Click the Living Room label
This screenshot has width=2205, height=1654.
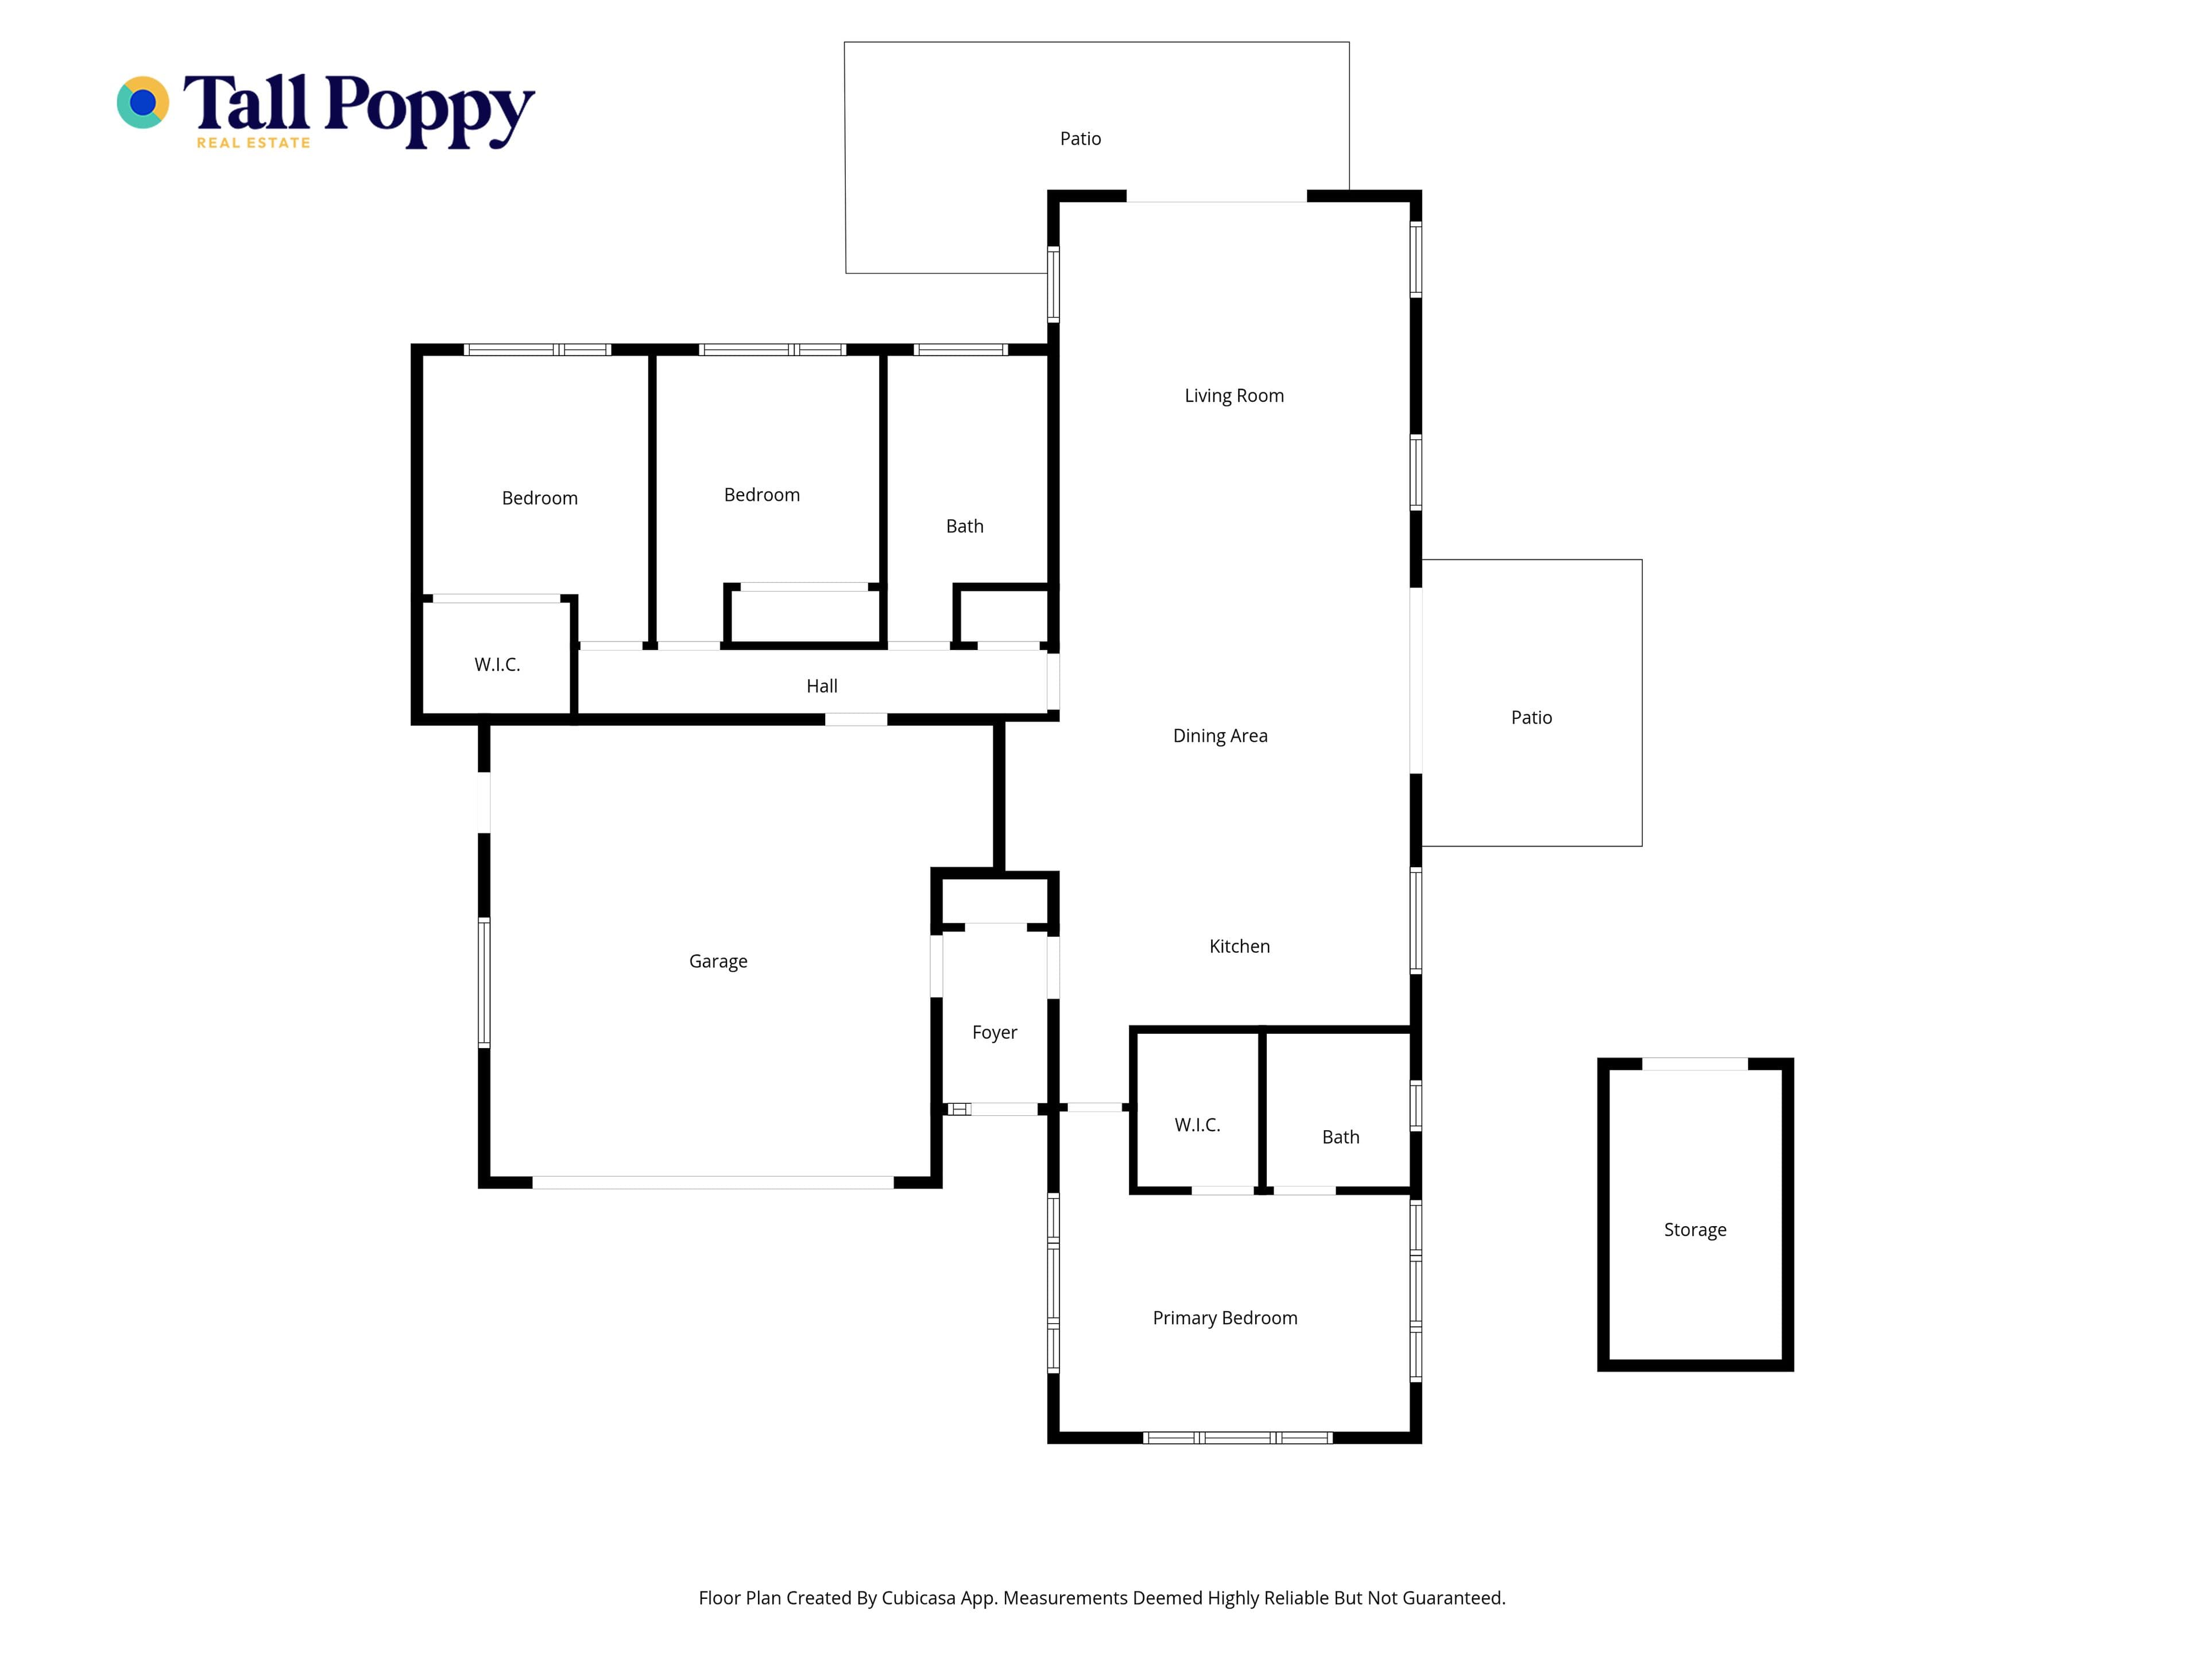click(1234, 396)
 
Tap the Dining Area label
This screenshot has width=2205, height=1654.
click(1220, 736)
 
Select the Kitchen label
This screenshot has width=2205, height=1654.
click(1239, 946)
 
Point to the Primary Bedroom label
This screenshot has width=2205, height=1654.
click(1225, 1318)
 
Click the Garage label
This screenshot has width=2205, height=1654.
click(718, 961)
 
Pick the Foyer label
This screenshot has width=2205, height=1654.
click(995, 1033)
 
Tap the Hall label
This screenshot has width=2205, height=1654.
click(821, 686)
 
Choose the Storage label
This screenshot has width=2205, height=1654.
click(1695, 1230)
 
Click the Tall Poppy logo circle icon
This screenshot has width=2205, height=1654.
click(142, 103)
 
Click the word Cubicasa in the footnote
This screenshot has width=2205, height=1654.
click(918, 1598)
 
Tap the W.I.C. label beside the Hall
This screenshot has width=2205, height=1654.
click(497, 665)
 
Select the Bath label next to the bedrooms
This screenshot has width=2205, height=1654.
click(964, 527)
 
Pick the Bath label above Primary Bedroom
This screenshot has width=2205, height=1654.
click(1341, 1138)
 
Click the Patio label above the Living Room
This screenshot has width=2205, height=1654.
click(1081, 138)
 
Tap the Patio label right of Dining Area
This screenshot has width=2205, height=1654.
click(1531, 718)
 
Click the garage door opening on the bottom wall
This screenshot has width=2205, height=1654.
click(713, 1182)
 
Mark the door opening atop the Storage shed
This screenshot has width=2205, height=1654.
click(1695, 1064)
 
